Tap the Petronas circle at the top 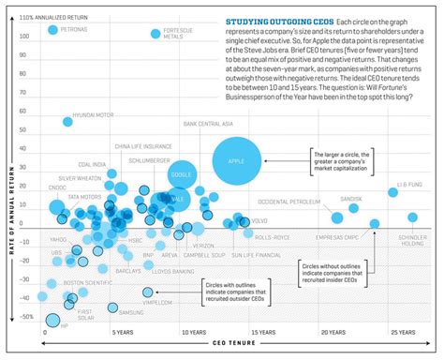[52, 30]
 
